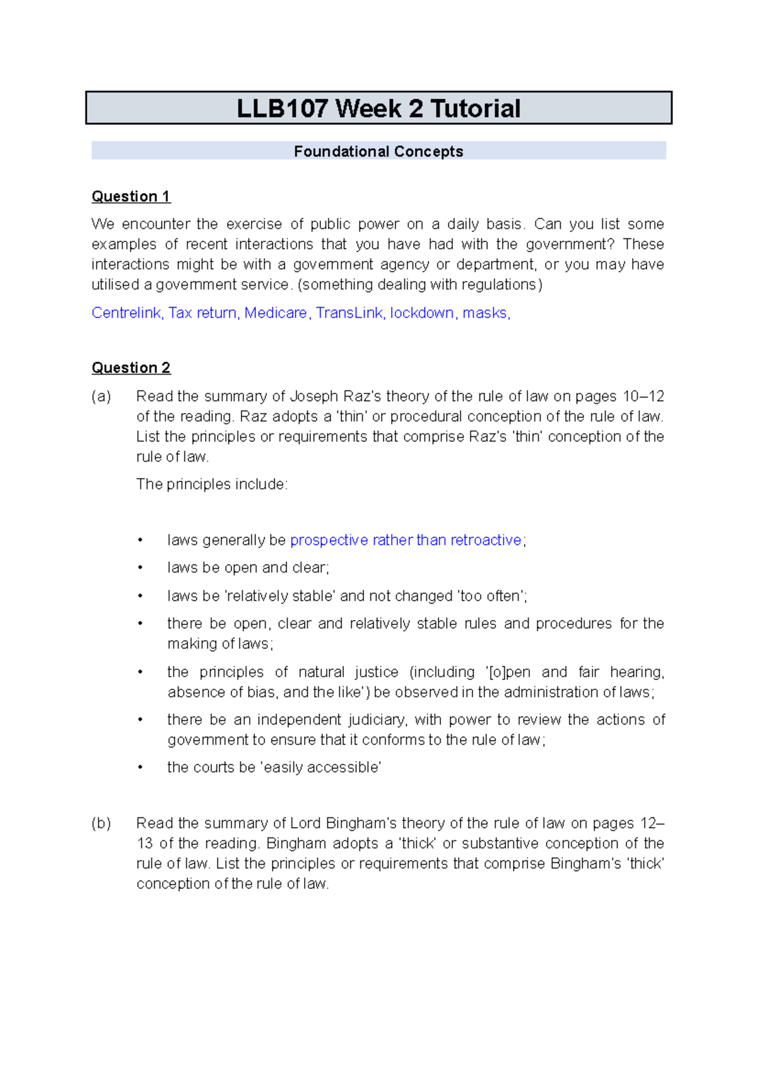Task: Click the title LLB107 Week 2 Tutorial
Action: click(x=378, y=108)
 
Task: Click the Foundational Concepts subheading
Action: click(x=378, y=151)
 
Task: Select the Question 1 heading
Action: click(x=131, y=196)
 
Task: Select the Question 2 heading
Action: click(x=131, y=368)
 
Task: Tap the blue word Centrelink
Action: click(x=126, y=313)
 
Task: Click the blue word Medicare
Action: click(x=276, y=313)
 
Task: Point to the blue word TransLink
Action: click(x=349, y=313)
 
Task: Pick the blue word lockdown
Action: click(x=421, y=313)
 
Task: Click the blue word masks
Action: click(x=484, y=313)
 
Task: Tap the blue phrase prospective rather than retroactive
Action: click(x=406, y=540)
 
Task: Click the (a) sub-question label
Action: click(x=101, y=396)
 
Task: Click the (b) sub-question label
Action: click(x=101, y=823)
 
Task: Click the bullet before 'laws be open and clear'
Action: click(x=140, y=568)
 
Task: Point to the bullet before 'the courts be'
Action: click(x=140, y=768)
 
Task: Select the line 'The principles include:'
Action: click(x=212, y=484)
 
